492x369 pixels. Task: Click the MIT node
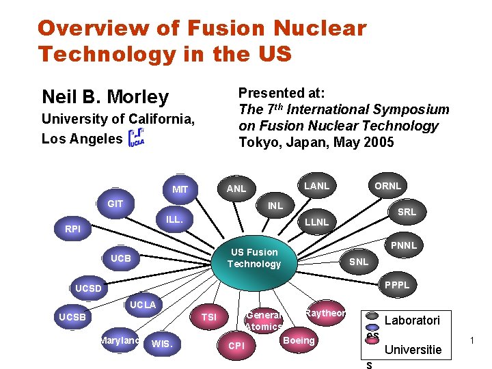(180, 189)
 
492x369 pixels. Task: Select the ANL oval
(236, 189)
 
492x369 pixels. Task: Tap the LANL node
(316, 186)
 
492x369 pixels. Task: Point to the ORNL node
(387, 186)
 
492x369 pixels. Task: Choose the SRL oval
(407, 212)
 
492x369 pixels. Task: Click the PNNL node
(403, 245)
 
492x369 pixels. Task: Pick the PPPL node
(397, 285)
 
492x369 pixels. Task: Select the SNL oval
(359, 262)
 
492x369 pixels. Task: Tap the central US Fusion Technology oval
(254, 258)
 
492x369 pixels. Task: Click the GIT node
(115, 204)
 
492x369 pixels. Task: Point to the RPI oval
(73, 230)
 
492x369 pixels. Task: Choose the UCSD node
(88, 288)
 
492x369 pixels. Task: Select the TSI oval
(209, 317)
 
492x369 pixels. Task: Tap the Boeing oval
(299, 340)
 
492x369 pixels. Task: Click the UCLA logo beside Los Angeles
(137, 137)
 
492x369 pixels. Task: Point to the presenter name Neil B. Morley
(105, 97)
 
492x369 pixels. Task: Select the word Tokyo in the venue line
(256, 142)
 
